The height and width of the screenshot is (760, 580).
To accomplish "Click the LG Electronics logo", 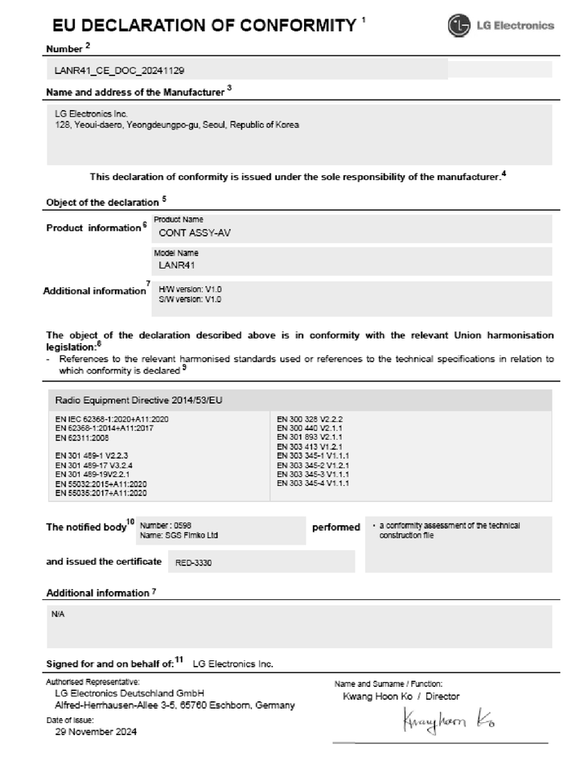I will [501, 25].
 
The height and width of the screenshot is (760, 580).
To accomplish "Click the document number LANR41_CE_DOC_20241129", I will [120, 71].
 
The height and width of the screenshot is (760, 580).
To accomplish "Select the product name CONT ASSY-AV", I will [188, 232].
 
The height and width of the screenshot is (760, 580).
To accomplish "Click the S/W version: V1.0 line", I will [190, 298].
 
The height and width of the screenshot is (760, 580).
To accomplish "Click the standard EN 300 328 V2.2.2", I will [311, 420].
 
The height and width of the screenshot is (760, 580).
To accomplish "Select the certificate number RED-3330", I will [193, 564].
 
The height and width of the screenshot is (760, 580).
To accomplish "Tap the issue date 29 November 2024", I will [96, 732].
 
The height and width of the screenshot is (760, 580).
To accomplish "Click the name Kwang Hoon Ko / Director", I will [401, 696].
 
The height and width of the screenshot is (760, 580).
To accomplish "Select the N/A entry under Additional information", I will [58, 614].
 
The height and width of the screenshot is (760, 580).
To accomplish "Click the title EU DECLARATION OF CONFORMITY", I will [203, 25].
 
